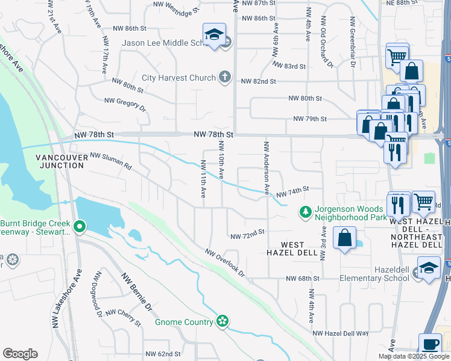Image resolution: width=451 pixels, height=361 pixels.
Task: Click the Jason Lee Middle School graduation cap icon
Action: coord(213,36)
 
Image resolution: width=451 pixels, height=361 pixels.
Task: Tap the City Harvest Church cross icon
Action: coord(224,77)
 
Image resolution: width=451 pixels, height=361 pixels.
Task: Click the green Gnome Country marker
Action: coord(222,322)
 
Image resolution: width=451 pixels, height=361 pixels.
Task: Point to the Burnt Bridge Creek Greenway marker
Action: coord(80,227)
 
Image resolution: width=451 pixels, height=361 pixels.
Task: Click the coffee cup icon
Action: coord(430,345)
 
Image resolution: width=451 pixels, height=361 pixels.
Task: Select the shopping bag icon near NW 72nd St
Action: coord(344,237)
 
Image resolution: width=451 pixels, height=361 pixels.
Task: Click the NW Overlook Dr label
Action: coord(225,263)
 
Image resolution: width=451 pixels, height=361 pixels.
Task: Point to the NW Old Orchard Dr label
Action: coord(326,44)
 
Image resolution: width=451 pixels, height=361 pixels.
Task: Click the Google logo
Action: coord(20,354)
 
